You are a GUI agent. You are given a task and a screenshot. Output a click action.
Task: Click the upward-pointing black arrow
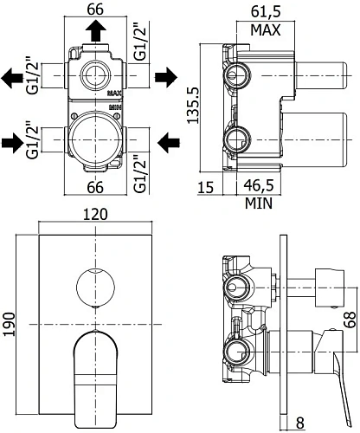tap(96, 31)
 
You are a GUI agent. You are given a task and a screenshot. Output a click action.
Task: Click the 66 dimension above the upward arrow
tap(96, 10)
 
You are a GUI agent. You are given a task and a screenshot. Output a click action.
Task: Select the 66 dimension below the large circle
tap(96, 184)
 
